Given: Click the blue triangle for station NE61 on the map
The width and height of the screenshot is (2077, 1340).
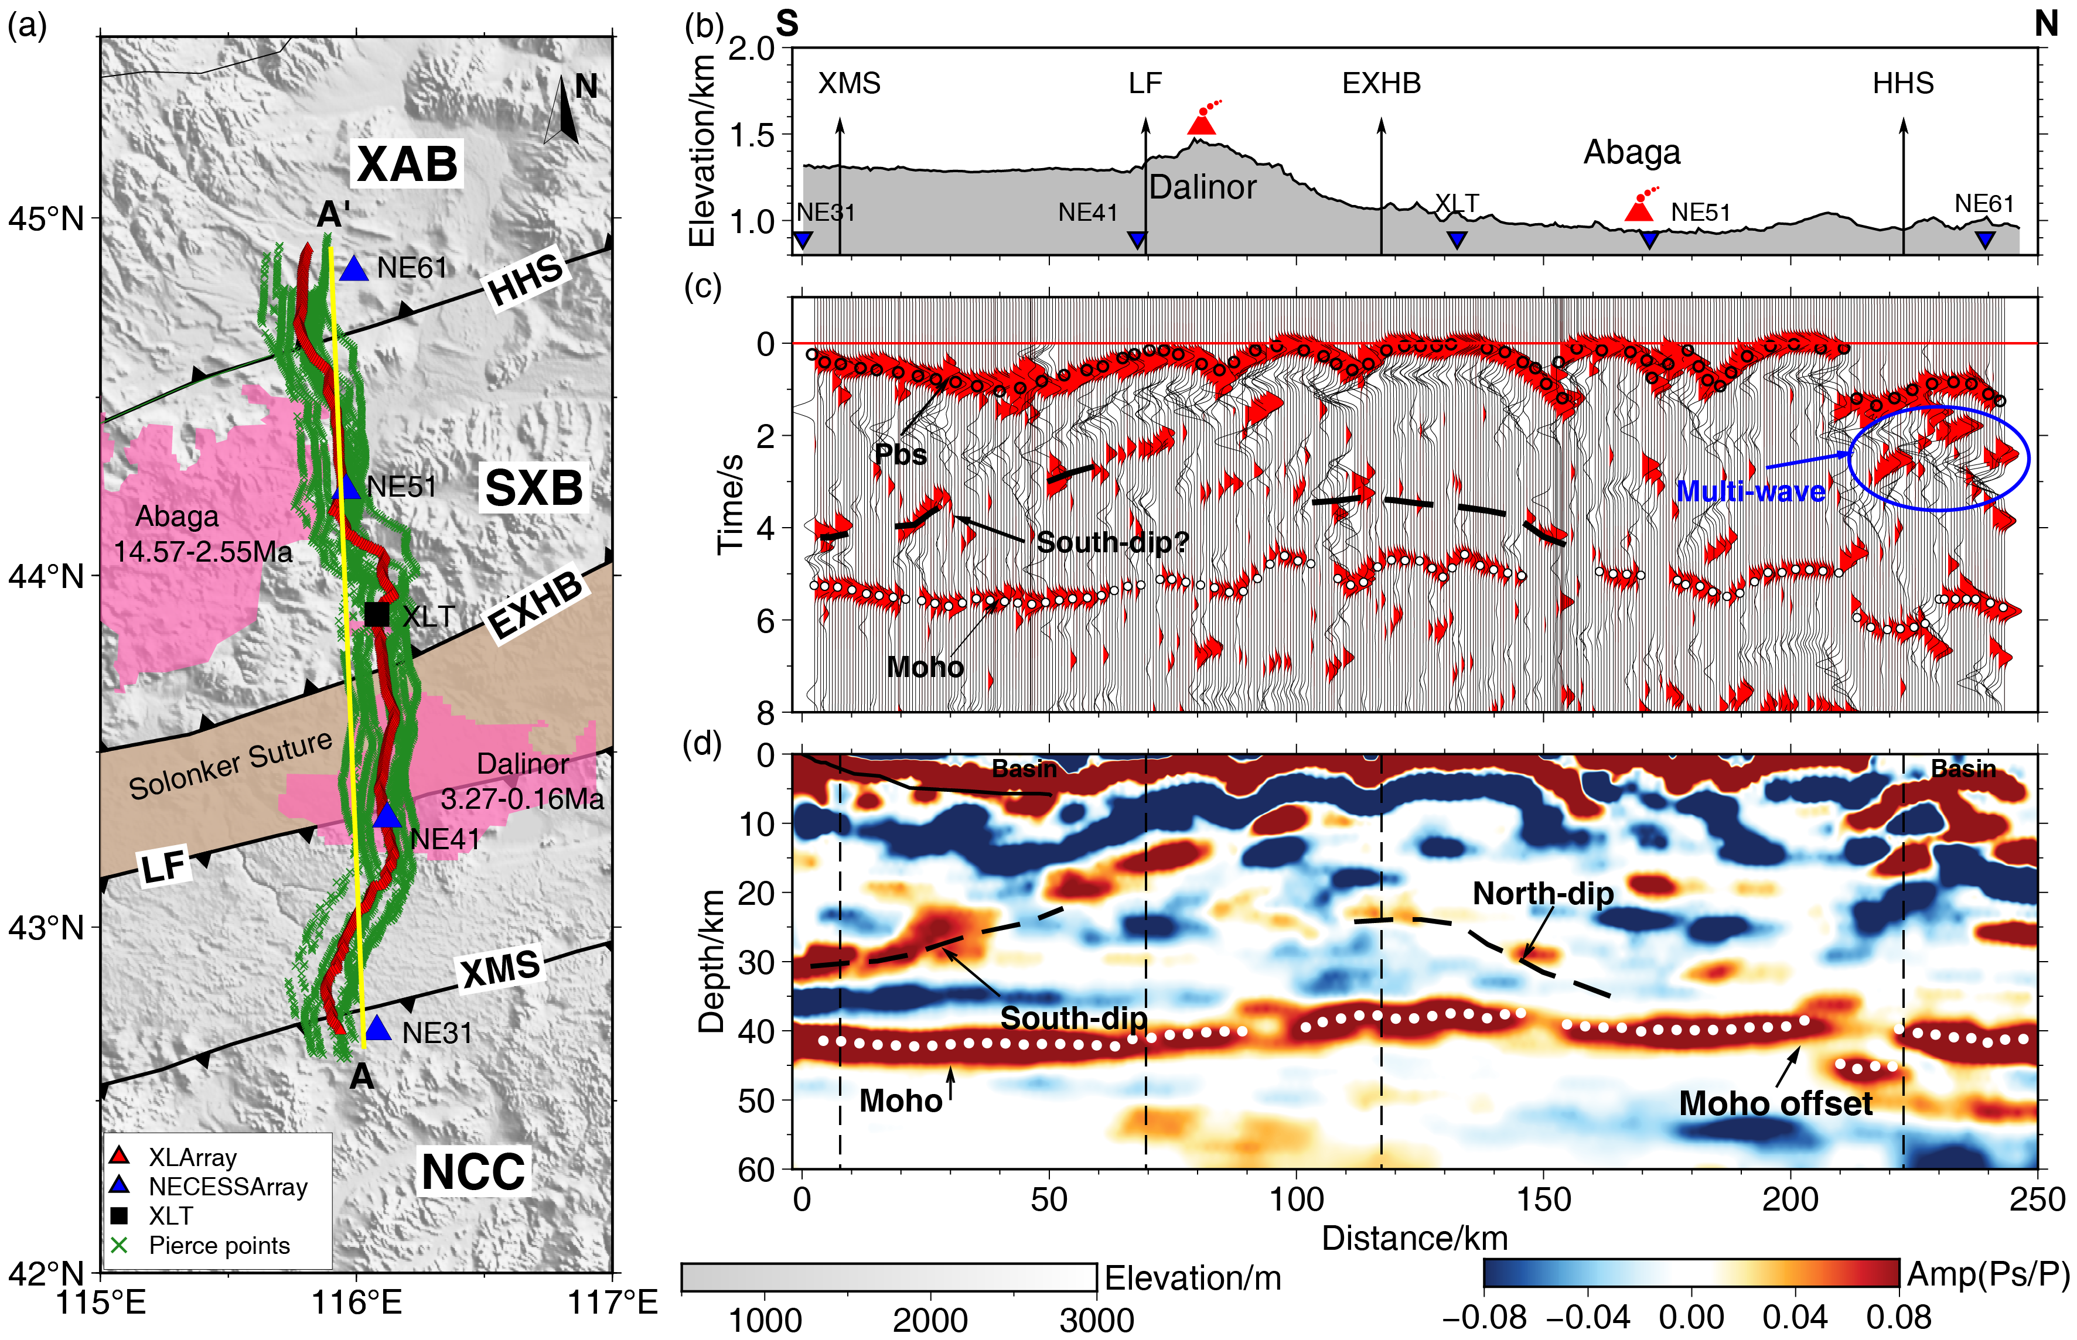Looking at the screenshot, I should pyautogui.click(x=354, y=269).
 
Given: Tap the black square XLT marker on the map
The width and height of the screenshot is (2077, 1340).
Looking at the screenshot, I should pyautogui.click(x=377, y=614).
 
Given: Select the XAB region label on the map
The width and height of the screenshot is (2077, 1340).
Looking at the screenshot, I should pyautogui.click(x=407, y=163).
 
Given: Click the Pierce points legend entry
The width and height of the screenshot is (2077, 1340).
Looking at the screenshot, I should pyautogui.click(x=219, y=1245).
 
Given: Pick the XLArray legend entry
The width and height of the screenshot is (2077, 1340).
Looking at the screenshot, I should pyautogui.click(x=192, y=1157).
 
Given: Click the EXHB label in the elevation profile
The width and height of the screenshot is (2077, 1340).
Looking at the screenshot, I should pyautogui.click(x=1382, y=84).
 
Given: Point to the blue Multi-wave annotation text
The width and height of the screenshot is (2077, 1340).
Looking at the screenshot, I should pyautogui.click(x=1751, y=491).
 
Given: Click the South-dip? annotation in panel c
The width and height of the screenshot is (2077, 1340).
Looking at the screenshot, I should pyautogui.click(x=1113, y=543).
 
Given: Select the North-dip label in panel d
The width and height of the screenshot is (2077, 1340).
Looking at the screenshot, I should pyautogui.click(x=1543, y=894).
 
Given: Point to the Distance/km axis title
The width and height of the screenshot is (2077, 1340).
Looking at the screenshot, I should pyautogui.click(x=1414, y=1238).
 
